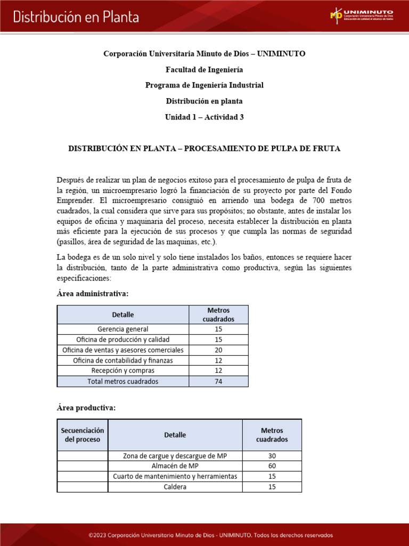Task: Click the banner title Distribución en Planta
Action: click(x=76, y=17)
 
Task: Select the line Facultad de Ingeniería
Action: click(x=204, y=70)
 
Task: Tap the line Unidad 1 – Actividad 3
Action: click(x=204, y=117)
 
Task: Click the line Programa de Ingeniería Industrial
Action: click(x=204, y=85)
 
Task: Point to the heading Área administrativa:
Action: click(x=92, y=294)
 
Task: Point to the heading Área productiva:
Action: click(x=86, y=408)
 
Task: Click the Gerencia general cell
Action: click(x=123, y=329)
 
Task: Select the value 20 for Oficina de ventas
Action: click(x=218, y=350)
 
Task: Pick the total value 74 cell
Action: click(x=218, y=381)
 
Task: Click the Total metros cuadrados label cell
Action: click(x=123, y=381)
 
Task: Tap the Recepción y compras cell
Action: click(x=123, y=371)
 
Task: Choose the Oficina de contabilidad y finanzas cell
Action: click(x=123, y=360)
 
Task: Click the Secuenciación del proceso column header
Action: click(x=83, y=435)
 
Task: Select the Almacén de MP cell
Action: click(x=175, y=466)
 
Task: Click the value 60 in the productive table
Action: click(x=272, y=466)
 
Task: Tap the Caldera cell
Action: click(x=175, y=487)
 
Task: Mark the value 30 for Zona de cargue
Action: click(x=272, y=456)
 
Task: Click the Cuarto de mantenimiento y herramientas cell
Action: click(x=175, y=476)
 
